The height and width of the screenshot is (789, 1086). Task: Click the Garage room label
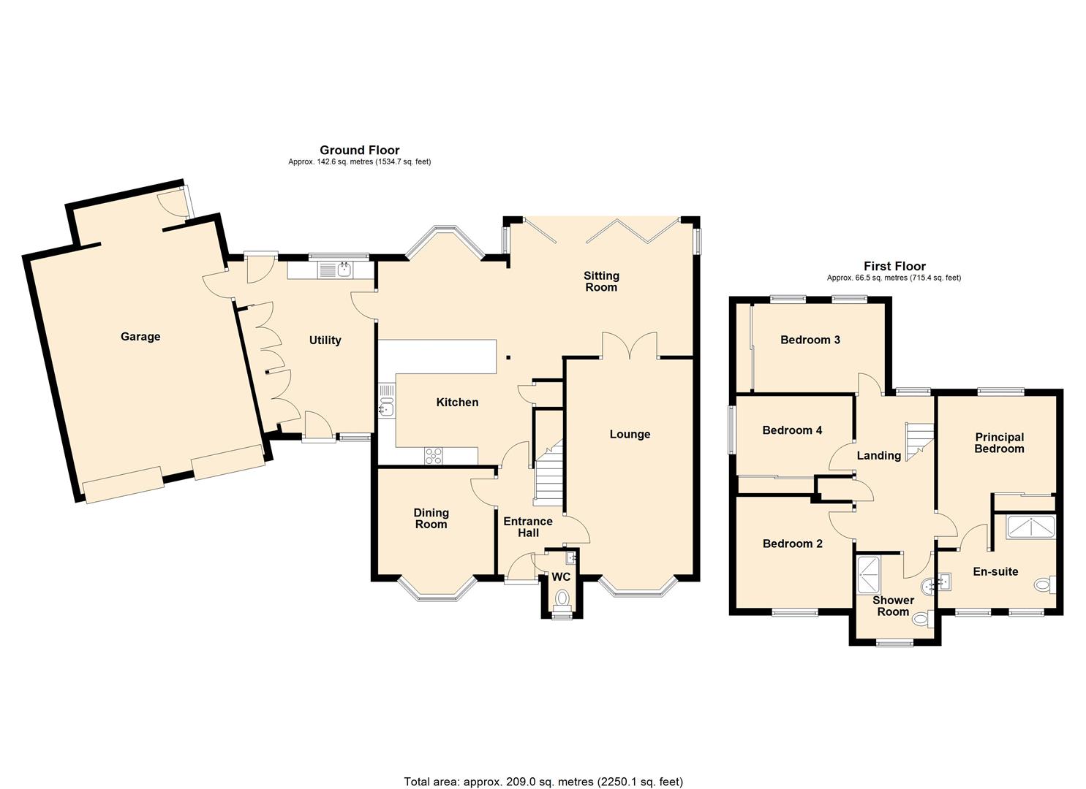click(x=140, y=337)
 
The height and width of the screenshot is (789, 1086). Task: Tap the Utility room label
click(x=325, y=340)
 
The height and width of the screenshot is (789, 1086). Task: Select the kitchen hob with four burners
click(x=433, y=456)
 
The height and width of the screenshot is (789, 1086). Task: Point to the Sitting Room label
click(x=601, y=281)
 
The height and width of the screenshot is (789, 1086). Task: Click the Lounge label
click(x=630, y=435)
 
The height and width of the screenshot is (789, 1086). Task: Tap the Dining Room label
click(x=431, y=519)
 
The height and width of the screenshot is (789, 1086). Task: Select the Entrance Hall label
click(x=527, y=527)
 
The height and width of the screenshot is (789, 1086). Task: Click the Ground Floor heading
click(x=359, y=150)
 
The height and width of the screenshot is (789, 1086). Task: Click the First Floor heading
click(x=894, y=267)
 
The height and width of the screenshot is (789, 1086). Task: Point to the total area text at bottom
click(x=543, y=782)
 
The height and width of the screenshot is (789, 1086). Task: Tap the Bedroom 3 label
click(x=810, y=340)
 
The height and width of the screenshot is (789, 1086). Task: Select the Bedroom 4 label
click(x=792, y=430)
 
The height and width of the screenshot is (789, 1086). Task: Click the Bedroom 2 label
click(x=792, y=544)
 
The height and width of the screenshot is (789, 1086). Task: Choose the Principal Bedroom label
click(x=999, y=443)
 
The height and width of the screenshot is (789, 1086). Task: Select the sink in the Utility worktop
click(x=344, y=270)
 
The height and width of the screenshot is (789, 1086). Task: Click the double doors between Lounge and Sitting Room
click(x=630, y=345)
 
